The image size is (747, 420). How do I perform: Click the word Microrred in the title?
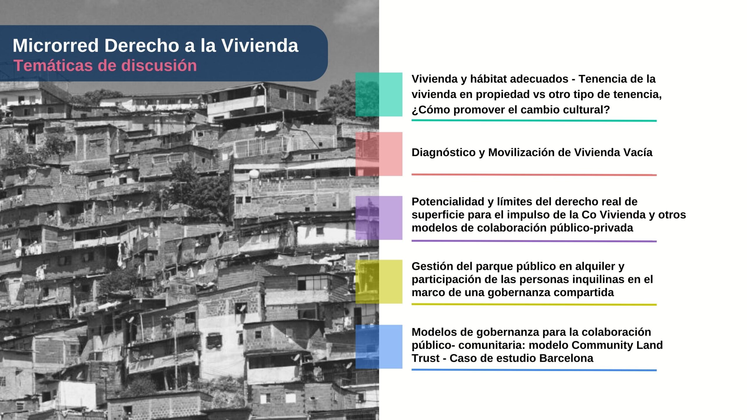(56, 46)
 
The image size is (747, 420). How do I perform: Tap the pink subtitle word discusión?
(159, 65)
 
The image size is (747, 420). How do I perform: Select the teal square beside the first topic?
(379, 94)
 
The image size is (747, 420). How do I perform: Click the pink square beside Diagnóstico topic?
(379, 154)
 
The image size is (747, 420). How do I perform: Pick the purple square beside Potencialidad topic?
(379, 218)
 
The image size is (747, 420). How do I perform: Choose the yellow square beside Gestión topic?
(379, 282)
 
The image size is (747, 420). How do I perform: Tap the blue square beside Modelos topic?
(379, 347)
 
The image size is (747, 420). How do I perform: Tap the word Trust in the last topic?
(425, 358)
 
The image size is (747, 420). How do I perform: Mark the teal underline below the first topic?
(534, 120)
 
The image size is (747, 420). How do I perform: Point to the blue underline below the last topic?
(534, 370)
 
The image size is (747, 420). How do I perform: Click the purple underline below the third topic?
(534, 241)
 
